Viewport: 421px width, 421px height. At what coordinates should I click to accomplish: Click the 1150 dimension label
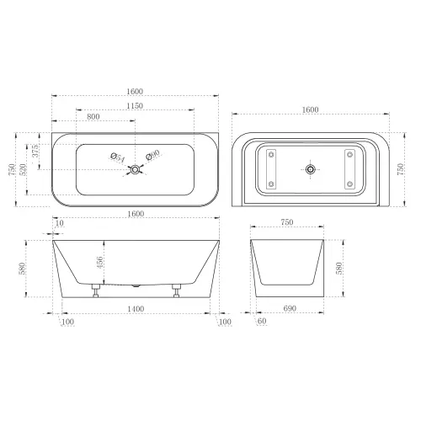click(x=135, y=106)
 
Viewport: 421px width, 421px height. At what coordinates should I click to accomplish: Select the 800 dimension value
click(x=93, y=116)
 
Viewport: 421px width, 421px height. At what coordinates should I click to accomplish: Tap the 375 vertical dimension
click(x=35, y=151)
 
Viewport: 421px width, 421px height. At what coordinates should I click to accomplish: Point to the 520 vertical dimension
click(x=23, y=169)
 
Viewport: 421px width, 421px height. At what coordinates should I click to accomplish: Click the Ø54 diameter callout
click(x=118, y=157)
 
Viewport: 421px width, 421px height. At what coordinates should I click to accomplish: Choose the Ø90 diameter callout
click(x=153, y=155)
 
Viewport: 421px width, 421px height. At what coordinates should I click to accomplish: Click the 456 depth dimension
click(x=100, y=263)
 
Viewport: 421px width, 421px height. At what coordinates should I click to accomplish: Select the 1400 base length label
click(x=136, y=309)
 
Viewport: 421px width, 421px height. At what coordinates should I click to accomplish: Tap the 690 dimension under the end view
click(x=290, y=308)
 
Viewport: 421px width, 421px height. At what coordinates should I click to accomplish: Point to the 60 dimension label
click(x=262, y=321)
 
